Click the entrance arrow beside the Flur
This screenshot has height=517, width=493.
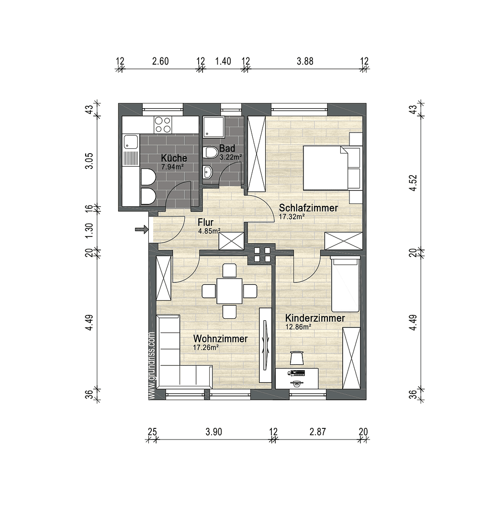click(141, 230)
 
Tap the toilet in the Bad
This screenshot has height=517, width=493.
click(209, 153)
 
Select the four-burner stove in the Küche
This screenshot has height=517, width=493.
click(163, 125)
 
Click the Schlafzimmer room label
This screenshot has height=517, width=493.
click(308, 208)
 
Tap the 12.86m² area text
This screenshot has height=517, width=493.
click(298, 327)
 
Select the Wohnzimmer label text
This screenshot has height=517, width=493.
click(220, 339)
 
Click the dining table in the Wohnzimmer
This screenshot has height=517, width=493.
click(229, 291)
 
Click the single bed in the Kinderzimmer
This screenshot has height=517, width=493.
click(346, 285)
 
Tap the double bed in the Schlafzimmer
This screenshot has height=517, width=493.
click(325, 168)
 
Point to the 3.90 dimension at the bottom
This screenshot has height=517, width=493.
click(213, 432)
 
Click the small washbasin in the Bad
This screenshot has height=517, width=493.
click(207, 171)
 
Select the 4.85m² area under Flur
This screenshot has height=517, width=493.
click(209, 231)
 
